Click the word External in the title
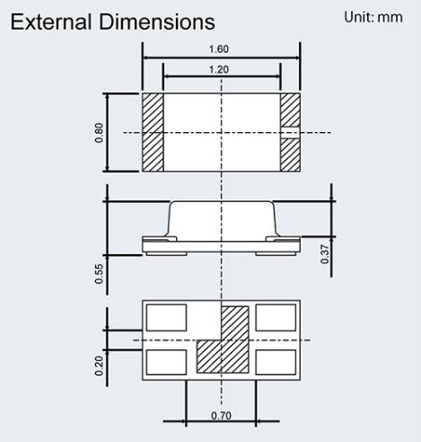coord(50,21)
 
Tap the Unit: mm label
coord(373,17)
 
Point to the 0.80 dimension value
coord(99,132)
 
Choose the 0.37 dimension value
coord(324,254)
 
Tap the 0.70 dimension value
coord(220,416)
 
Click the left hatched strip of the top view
coord(152,132)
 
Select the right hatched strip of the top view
coord(289,132)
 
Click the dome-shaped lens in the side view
coord(221,218)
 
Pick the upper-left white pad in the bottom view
coord(166,318)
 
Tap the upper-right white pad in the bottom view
coord(276,318)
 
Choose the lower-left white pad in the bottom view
coord(166,361)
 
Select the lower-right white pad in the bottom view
coord(276,361)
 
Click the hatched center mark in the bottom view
coord(222,341)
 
